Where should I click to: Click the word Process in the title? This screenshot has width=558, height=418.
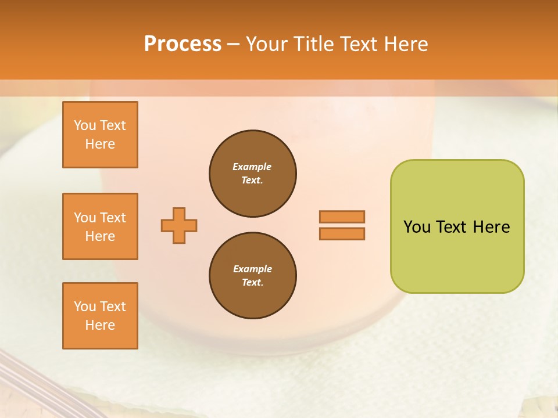coord(183,44)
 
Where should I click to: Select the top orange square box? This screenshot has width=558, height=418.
coord(100,135)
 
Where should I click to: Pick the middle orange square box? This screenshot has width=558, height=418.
coord(100,226)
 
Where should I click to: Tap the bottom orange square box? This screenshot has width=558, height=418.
coord(100,316)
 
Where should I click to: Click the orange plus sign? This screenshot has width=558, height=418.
coord(179,225)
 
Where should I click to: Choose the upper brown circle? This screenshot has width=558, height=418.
coord(252,173)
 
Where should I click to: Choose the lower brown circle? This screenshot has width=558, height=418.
coord(252,275)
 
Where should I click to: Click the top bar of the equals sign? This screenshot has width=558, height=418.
coord(342,217)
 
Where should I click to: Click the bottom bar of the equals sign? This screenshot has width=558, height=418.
coord(342,233)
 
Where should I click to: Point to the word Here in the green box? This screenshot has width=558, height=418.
coord(491,227)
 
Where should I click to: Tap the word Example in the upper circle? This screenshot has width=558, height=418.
coord(252,167)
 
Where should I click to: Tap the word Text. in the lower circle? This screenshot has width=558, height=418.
coord(252,282)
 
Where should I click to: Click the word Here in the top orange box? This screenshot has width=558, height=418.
coord(100,144)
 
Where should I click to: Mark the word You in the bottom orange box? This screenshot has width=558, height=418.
coord(85,307)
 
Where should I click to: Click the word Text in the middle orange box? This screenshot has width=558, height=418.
coord(113,218)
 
